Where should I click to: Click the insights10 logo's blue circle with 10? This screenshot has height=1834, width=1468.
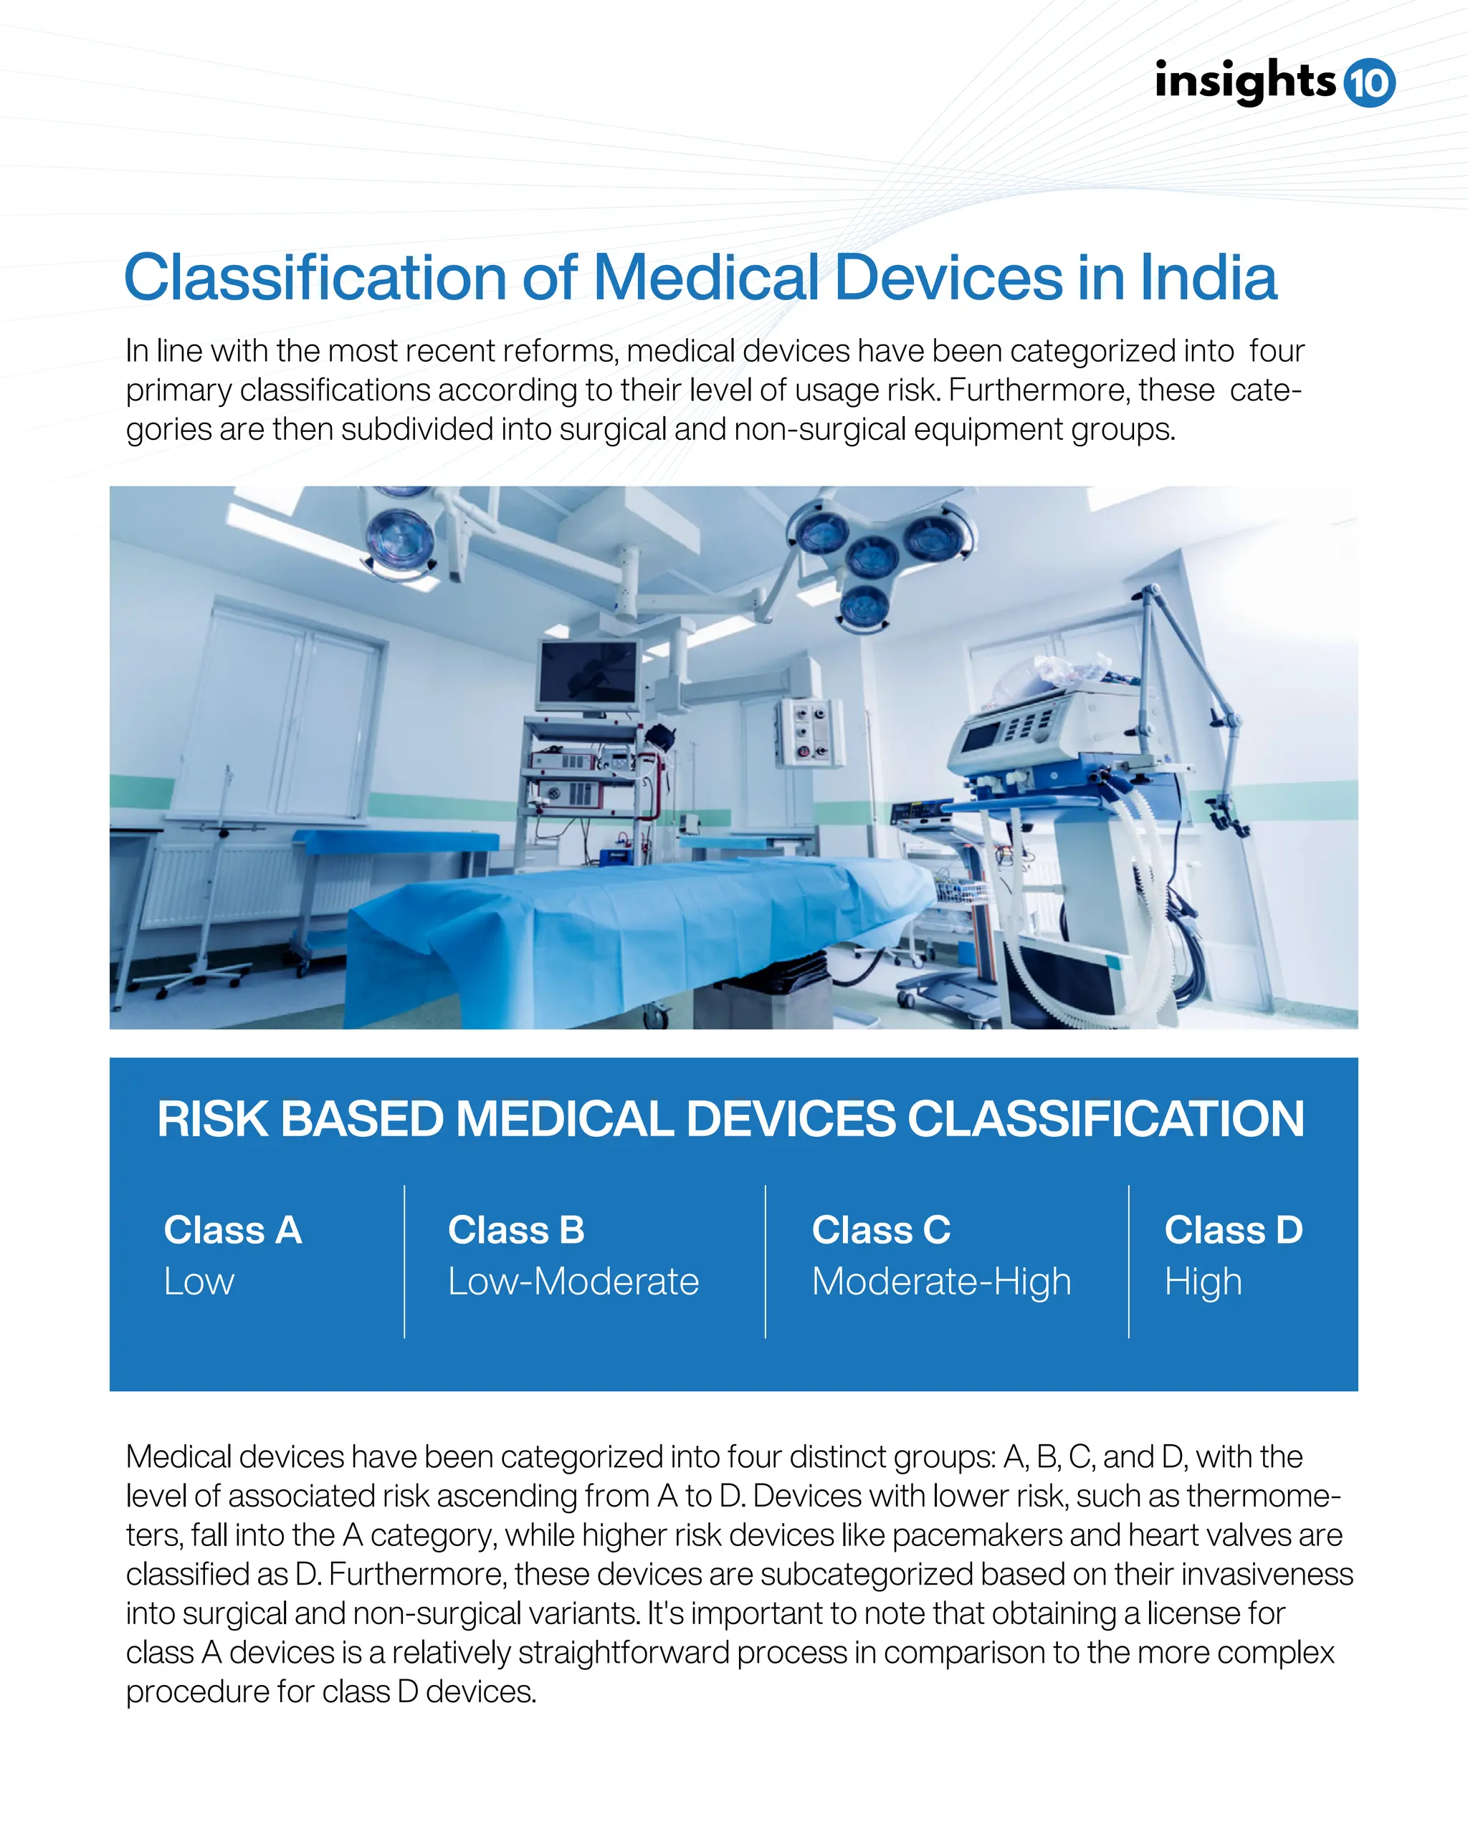click(x=1369, y=82)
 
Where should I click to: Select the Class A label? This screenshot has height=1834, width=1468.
click(x=232, y=1230)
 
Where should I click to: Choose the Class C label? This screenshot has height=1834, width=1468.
click(x=881, y=1230)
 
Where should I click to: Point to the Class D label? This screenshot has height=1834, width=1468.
click(x=1233, y=1230)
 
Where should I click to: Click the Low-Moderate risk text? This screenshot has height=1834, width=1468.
click(x=573, y=1281)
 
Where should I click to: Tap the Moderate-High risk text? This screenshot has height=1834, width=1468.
click(x=941, y=1282)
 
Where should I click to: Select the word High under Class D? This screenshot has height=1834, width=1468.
click(x=1203, y=1282)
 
